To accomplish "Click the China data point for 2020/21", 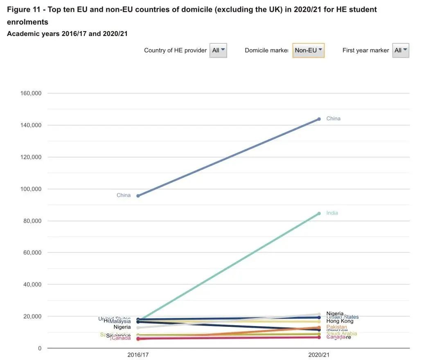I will click(x=319, y=119).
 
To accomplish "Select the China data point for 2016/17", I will click(x=138, y=196).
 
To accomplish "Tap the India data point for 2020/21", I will click(x=319, y=214).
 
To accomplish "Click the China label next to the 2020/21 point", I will click(x=333, y=119).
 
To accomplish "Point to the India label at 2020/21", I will click(x=332, y=213).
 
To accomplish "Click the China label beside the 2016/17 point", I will click(x=124, y=195).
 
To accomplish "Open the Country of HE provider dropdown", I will click(x=218, y=50).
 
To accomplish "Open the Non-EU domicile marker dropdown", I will click(x=309, y=50).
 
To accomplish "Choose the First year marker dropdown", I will click(x=401, y=50).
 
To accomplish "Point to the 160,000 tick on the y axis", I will click(x=31, y=93).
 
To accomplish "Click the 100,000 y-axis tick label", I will click(x=31, y=189).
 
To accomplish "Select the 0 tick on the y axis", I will click(x=40, y=348).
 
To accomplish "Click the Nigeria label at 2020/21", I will click(x=335, y=313).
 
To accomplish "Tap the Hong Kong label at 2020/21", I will click(x=340, y=321).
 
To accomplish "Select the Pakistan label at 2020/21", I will click(x=337, y=327).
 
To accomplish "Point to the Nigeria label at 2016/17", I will click(x=122, y=327).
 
